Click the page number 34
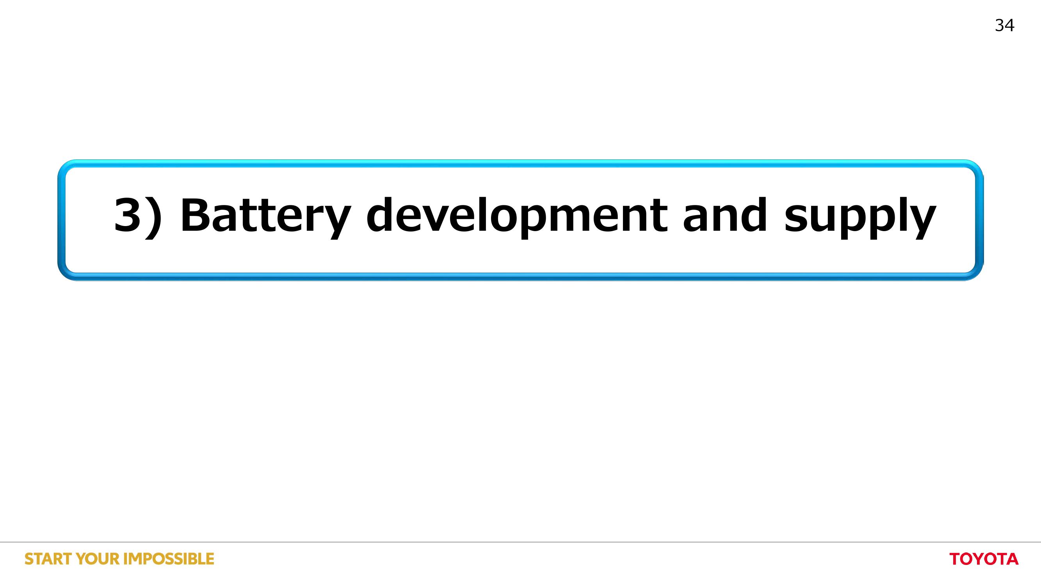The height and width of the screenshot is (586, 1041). pos(1005,25)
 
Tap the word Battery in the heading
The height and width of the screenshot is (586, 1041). pos(265,217)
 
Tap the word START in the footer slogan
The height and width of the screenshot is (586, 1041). pos(49,559)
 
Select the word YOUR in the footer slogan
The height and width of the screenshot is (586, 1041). pos(98,559)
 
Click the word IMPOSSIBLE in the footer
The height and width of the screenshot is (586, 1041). pos(169,559)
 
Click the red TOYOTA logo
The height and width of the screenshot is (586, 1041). pos(984,559)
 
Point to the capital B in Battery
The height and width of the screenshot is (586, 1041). pos(195,215)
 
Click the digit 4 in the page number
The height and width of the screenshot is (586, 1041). pos(1010,25)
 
